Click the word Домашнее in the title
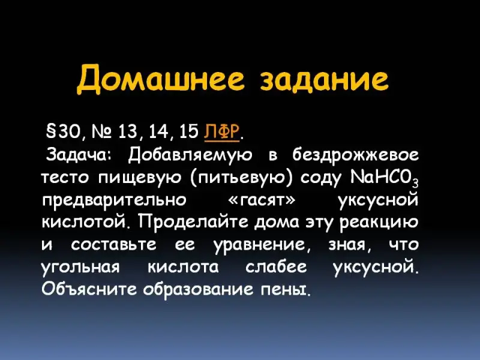pyautogui.click(x=160, y=79)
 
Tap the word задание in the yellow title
pyautogui.click(x=324, y=79)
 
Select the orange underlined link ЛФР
pyautogui.click(x=221, y=132)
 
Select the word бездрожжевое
pyautogui.click(x=355, y=155)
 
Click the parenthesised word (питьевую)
pyautogui.click(x=241, y=178)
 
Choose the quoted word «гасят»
pyautogui.click(x=262, y=200)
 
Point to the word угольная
pyautogui.click(x=80, y=268)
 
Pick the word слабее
pyautogui.click(x=276, y=266)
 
